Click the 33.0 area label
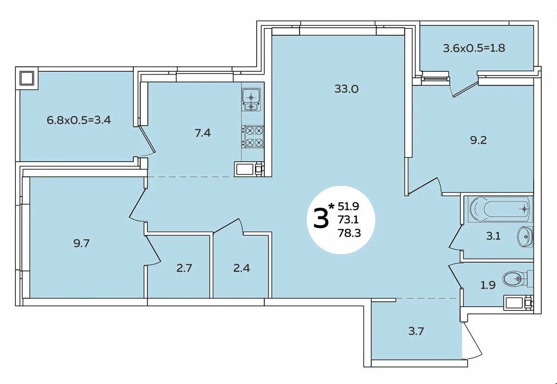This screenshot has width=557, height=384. coord(346,89)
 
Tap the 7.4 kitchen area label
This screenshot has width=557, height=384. coord(202,133)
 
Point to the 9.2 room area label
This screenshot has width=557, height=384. coord(478,140)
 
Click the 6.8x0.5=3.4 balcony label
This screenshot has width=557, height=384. coord(79,120)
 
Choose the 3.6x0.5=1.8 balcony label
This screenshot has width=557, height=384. coord(474,48)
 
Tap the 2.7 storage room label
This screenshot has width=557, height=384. coord(184,268)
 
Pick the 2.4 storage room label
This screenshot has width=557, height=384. coord(242,268)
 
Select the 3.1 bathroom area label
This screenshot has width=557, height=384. coord(493,236)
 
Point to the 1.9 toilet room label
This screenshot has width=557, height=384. coord(488,285)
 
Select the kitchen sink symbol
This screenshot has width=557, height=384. coord(251,100)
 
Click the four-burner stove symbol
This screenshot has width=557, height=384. coord(253,137)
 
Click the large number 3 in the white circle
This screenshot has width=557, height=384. coord(320,219)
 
